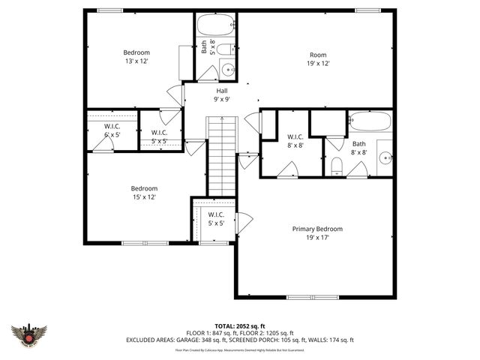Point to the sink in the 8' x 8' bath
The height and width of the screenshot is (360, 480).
(384, 158)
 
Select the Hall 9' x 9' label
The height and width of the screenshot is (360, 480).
(222, 94)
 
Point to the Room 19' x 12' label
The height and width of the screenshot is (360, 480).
(318, 58)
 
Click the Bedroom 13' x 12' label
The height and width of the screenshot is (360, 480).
(136, 56)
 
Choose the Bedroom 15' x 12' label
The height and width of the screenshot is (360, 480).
(144, 192)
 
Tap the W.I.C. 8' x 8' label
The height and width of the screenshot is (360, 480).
(295, 141)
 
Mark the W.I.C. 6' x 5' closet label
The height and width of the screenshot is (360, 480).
(112, 130)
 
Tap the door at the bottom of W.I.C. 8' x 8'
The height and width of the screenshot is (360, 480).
(288, 169)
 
